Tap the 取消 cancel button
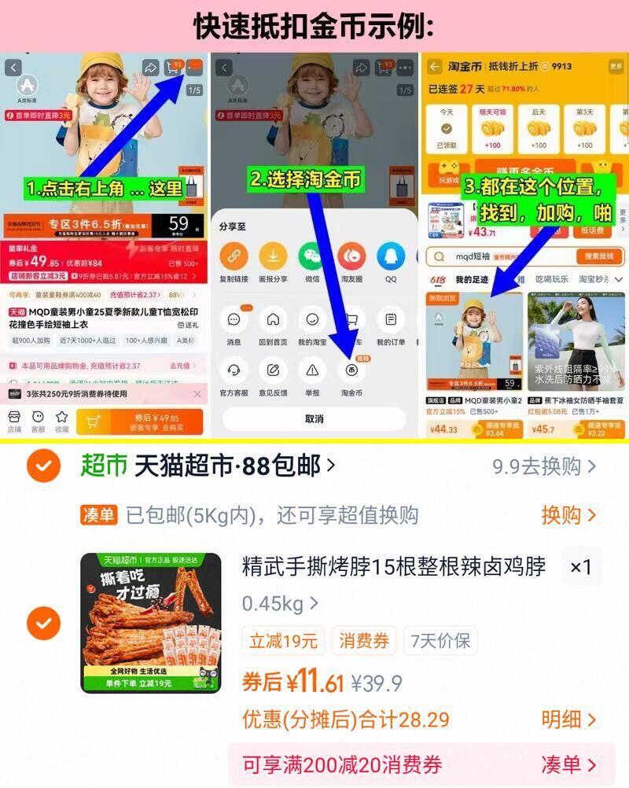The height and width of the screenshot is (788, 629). [314, 418]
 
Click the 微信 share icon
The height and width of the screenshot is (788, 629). [312, 256]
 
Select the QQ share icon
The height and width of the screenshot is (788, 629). [391, 256]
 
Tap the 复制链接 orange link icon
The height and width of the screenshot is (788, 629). [234, 256]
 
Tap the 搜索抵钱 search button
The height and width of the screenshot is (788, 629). [599, 256]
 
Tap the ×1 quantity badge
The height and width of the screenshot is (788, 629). [580, 567]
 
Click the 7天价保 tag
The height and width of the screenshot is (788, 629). [440, 641]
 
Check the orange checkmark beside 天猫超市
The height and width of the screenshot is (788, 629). [43, 466]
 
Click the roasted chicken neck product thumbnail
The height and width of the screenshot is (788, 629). [151, 623]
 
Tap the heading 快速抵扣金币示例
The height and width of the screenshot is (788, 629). [314, 26]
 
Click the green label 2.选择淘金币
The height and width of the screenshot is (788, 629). [306, 180]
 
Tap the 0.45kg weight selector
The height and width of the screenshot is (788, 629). [280, 604]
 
